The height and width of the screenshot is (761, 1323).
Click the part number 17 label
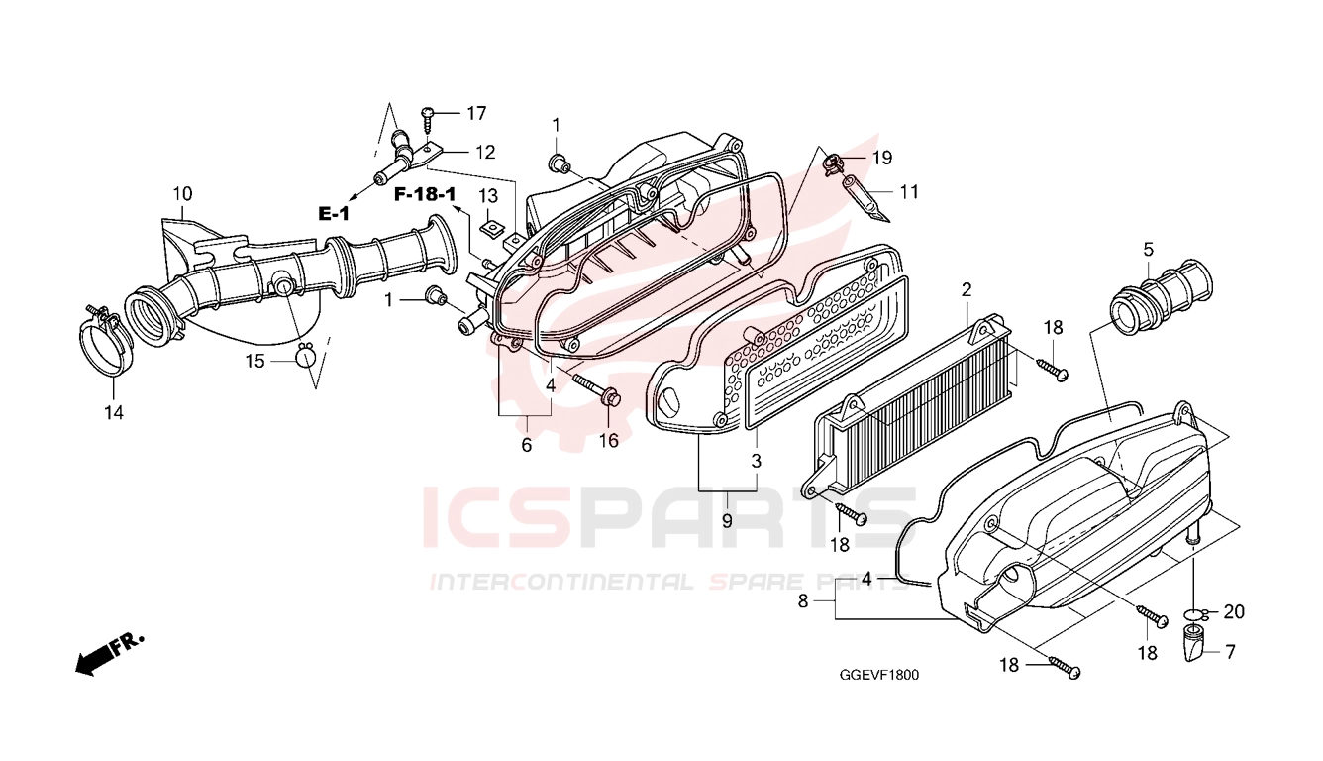point(476,113)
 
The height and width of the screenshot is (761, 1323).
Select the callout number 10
point(182,194)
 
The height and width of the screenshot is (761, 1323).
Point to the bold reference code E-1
point(335,213)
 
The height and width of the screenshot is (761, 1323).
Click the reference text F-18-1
point(425,194)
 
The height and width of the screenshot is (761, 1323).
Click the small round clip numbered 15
point(305,357)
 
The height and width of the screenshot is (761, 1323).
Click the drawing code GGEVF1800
point(878,675)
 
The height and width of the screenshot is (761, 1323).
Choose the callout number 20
point(1234,612)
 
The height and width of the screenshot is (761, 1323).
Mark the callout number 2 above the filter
point(967,289)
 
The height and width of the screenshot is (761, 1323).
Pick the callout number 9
point(727,521)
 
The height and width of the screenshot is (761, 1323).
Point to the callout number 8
point(803,600)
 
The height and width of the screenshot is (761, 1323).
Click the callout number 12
point(485,153)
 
